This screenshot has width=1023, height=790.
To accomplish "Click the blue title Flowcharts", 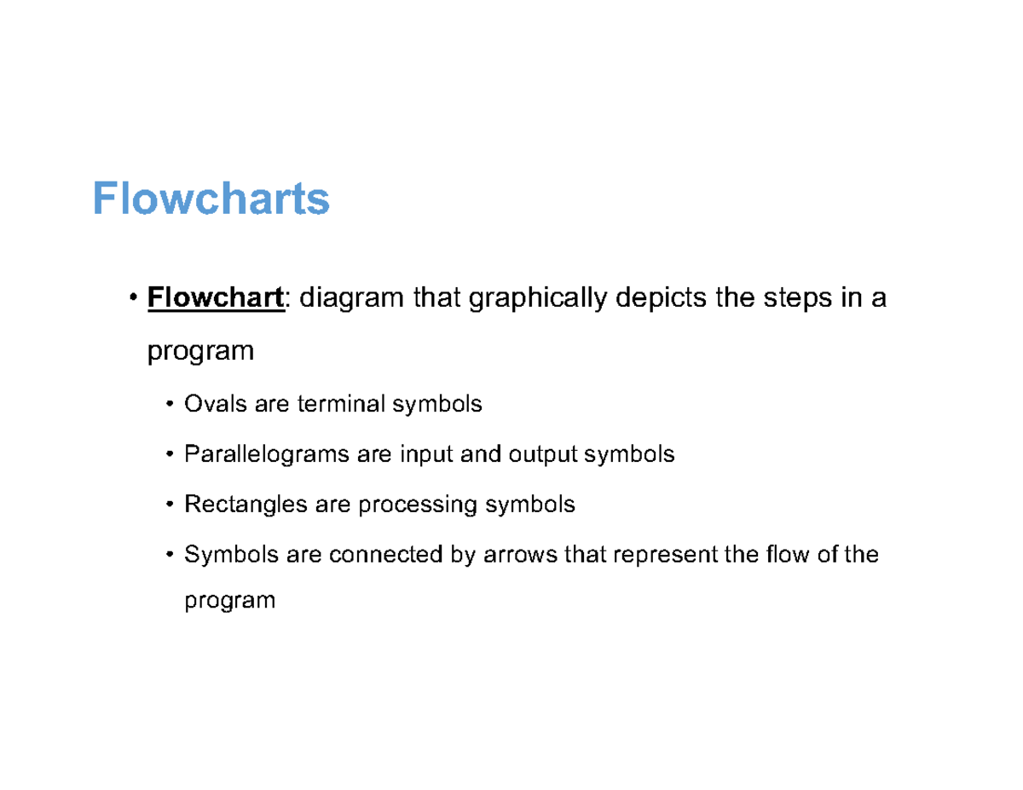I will [211, 199].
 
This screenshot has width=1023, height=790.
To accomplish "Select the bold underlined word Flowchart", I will [215, 298].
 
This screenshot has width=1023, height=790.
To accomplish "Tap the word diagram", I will [350, 298].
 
